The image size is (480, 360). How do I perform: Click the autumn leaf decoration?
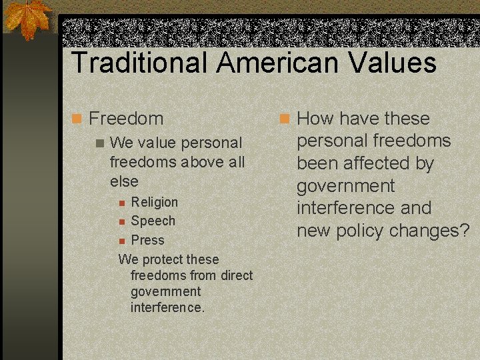click(27, 19)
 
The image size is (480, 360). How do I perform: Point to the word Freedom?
click(126, 119)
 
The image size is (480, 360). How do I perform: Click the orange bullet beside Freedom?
click(77, 119)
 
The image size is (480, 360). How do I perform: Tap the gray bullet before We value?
click(100, 143)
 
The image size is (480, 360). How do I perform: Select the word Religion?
click(155, 202)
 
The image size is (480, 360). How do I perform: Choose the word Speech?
click(153, 221)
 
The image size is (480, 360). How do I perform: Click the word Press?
click(147, 240)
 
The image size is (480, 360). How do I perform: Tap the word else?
click(124, 181)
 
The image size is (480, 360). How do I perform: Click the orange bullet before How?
click(285, 119)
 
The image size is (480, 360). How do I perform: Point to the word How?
click(315, 119)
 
